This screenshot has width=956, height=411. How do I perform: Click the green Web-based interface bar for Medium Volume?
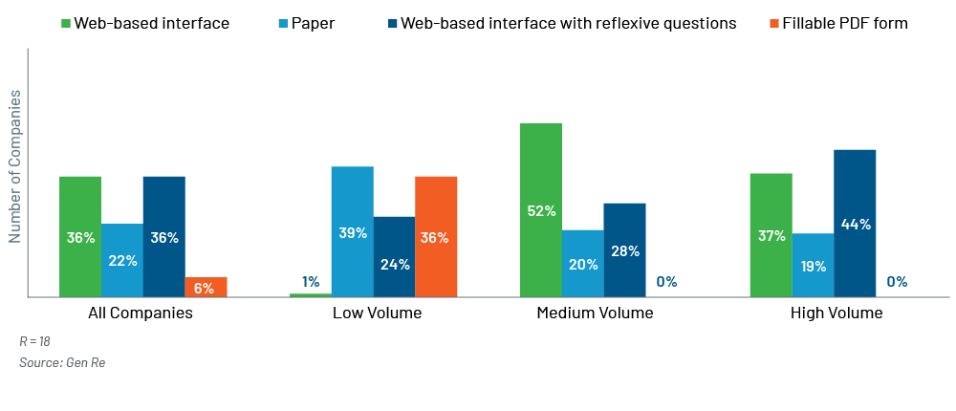[x=541, y=209]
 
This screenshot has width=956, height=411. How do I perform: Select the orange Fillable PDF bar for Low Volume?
[x=436, y=236]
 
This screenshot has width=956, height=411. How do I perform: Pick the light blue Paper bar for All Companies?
[x=122, y=260]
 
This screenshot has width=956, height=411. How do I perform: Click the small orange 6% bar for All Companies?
[x=206, y=287]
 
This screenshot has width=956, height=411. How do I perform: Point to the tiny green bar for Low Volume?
[x=311, y=294]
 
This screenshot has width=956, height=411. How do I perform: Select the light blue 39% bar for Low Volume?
[x=353, y=231]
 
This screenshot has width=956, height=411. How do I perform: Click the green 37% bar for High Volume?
[x=771, y=235]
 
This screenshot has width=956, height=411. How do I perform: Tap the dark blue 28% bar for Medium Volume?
[x=625, y=249]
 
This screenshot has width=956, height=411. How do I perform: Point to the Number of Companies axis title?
[x=15, y=167]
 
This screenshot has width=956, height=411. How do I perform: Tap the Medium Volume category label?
[x=595, y=313]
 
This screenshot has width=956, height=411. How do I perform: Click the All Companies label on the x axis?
[x=141, y=313]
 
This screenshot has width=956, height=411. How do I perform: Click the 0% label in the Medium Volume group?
[x=666, y=282]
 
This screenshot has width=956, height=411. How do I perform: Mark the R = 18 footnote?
[x=34, y=341]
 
